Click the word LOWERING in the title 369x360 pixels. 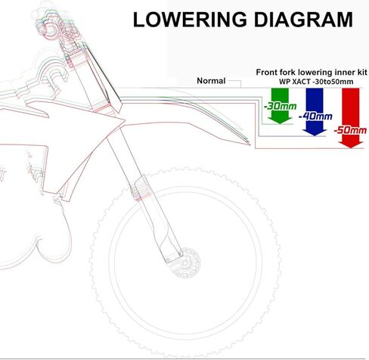(x=190, y=20)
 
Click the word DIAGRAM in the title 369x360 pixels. (x=303, y=20)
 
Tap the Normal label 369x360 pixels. (x=211, y=81)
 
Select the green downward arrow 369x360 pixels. (x=280, y=106)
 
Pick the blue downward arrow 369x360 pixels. (x=315, y=112)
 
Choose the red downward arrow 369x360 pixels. (x=351, y=118)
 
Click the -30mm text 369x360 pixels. (x=280, y=106)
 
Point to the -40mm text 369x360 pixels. (x=315, y=116)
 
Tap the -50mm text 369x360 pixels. (x=350, y=130)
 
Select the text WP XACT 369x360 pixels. (x=294, y=82)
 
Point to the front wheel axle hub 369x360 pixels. (x=186, y=263)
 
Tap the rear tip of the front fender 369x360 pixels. (x=250, y=144)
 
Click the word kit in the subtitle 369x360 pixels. (x=361, y=72)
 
